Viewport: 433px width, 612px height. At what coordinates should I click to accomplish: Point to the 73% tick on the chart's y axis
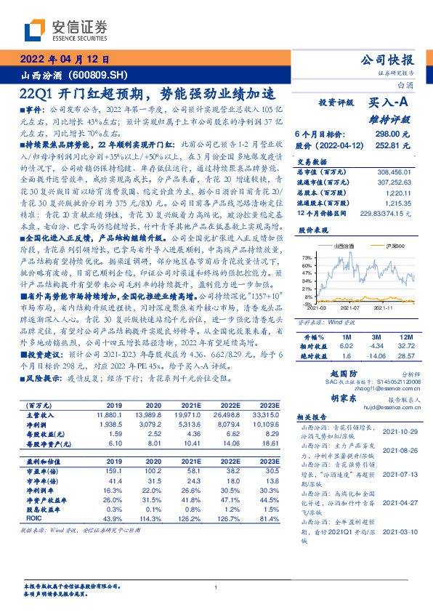pos(309,257)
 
